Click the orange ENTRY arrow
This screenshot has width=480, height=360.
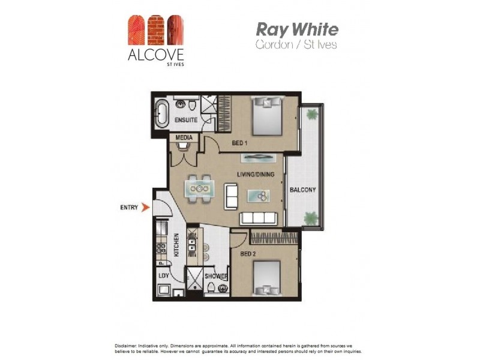[x=144, y=208]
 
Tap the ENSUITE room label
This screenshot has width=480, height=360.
[x=185, y=121]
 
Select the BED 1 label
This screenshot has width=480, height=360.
[x=241, y=144]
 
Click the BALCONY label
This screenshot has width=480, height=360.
[x=302, y=190]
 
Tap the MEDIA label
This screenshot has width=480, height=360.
[x=184, y=137]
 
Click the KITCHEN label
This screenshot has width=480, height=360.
[x=176, y=245]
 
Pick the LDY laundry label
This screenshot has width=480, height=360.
[x=163, y=276]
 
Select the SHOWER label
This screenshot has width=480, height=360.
[x=215, y=276]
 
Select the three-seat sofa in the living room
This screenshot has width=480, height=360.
[x=260, y=217]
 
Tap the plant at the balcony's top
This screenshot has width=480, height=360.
[x=311, y=113]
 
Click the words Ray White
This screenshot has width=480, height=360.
[x=297, y=29]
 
